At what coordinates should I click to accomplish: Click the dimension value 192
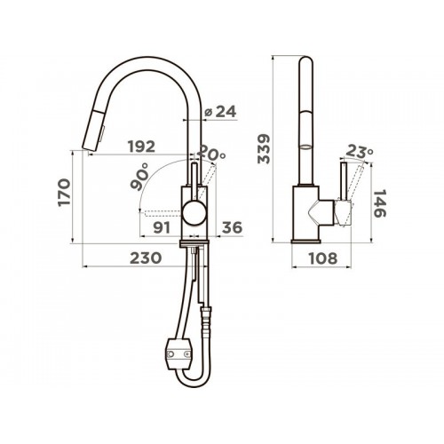[141, 147]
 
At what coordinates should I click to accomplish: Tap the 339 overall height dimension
[263, 149]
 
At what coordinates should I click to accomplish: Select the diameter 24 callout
[221, 112]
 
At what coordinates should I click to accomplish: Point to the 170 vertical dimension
[64, 192]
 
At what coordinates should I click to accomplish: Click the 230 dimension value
[146, 258]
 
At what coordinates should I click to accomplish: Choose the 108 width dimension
[323, 258]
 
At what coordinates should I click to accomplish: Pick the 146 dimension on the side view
[380, 203]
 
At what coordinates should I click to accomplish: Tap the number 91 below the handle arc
[162, 227]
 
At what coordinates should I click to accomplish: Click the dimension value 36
[232, 227]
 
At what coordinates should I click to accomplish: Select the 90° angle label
[139, 176]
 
